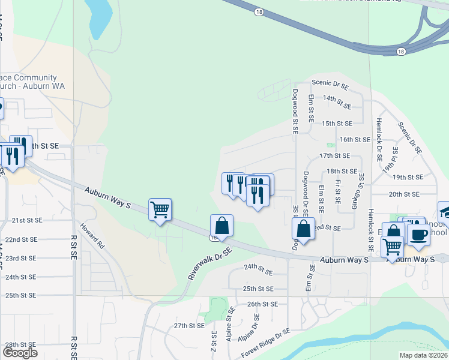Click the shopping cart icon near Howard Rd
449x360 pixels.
160,210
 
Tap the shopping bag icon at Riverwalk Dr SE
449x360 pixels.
221,227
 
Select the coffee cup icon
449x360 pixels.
418,234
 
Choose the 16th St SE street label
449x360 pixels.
355,139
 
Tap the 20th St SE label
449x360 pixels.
403,194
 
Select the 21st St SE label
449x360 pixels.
27,220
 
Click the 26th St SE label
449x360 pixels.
262,304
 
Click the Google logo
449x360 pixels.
20,352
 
